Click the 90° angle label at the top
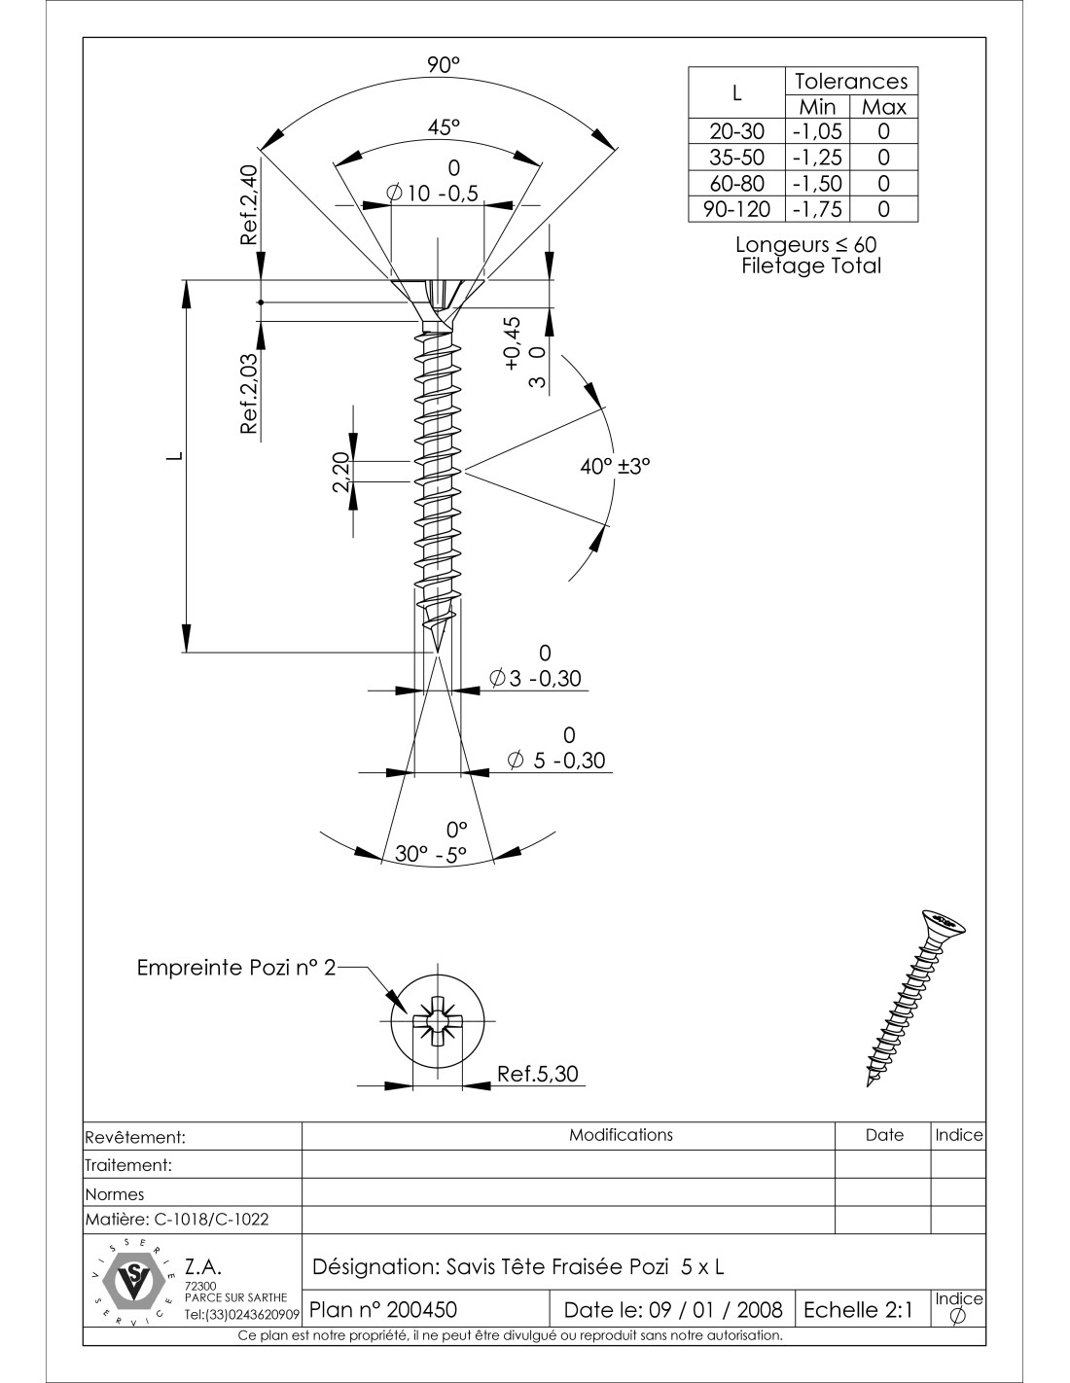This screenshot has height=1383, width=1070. click(x=443, y=65)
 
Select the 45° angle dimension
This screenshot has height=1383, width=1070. click(x=443, y=126)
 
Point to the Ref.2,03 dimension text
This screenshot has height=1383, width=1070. click(x=249, y=393)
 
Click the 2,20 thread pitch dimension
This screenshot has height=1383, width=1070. click(x=341, y=473)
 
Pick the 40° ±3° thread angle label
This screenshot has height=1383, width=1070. click(x=615, y=466)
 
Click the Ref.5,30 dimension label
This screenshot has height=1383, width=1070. click(x=537, y=1074)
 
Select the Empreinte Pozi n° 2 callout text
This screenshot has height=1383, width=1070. click(x=236, y=968)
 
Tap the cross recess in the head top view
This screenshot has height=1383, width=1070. click(x=438, y=1021)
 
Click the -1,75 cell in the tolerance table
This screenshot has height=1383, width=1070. click(x=816, y=209)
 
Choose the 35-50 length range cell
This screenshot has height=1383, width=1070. click(x=736, y=157)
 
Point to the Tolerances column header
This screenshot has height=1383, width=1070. click(x=850, y=81)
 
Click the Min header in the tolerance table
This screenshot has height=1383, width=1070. click(x=817, y=107)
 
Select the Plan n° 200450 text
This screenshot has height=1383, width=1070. click(x=383, y=1309)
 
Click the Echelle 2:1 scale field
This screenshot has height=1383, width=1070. click(x=857, y=1309)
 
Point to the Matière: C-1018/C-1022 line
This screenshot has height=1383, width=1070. click(x=178, y=1219)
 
